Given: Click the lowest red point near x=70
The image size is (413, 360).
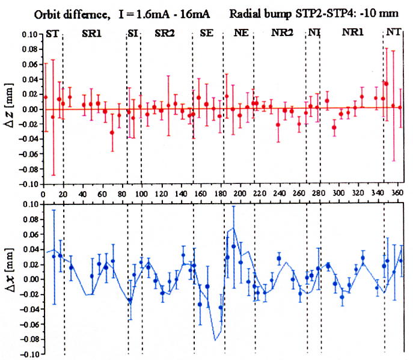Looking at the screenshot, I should pyautogui.click(x=112, y=133).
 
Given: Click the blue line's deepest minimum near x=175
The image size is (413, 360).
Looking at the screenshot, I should pyautogui.click(x=215, y=341).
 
